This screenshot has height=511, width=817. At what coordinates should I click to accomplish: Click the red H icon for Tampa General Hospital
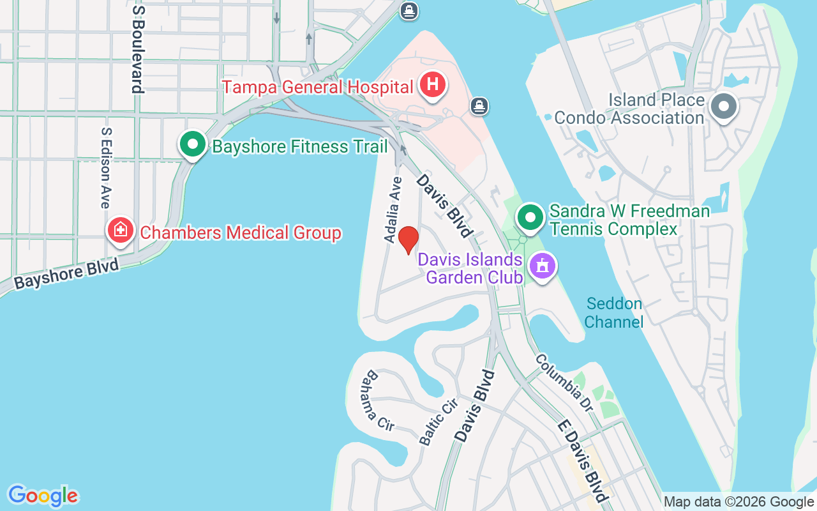click(433, 85)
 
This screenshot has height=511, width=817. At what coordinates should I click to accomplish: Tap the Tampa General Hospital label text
click(318, 87)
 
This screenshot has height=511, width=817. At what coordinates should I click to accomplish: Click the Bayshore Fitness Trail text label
click(300, 147)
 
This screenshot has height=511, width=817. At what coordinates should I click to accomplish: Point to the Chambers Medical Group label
click(241, 233)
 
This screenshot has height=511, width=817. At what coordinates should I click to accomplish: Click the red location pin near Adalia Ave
click(408, 240)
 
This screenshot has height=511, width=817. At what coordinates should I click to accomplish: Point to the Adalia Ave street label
click(393, 209)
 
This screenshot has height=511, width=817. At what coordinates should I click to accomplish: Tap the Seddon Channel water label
click(613, 312)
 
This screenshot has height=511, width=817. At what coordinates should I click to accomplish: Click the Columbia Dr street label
click(564, 382)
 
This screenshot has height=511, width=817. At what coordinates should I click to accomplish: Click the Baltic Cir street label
click(438, 421)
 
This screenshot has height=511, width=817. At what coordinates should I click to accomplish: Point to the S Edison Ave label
click(106, 167)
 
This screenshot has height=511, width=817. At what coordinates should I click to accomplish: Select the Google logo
click(43, 496)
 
